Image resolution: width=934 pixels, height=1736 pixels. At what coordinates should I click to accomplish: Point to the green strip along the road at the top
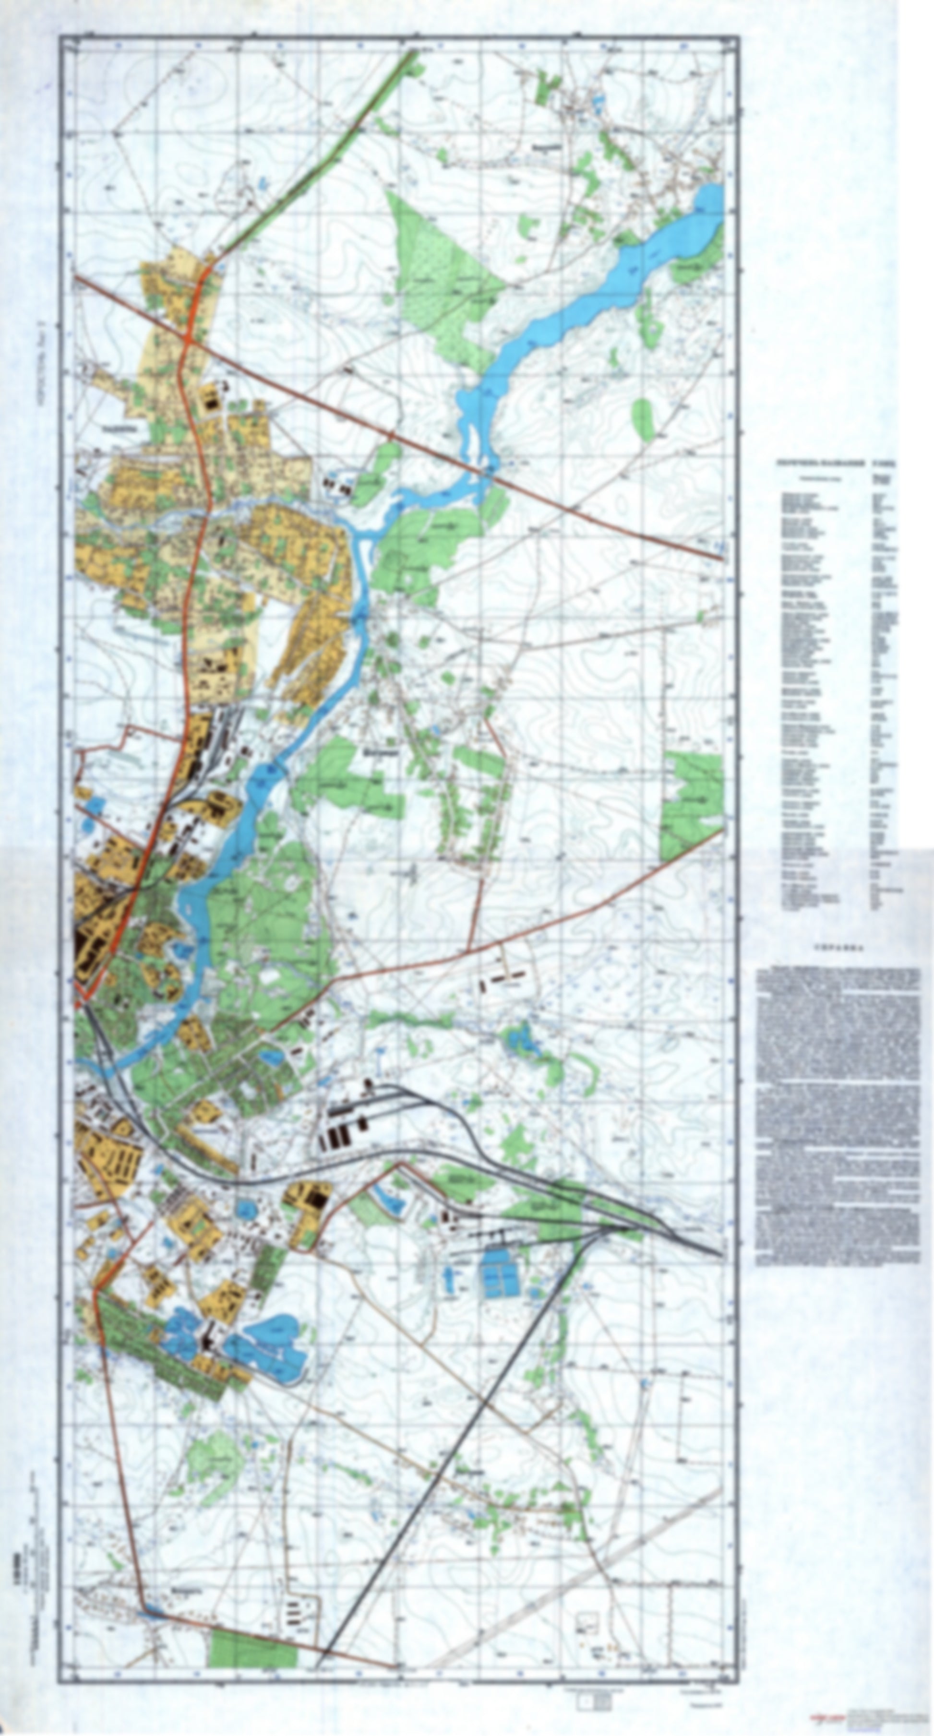pyautogui.click(x=323, y=155)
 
